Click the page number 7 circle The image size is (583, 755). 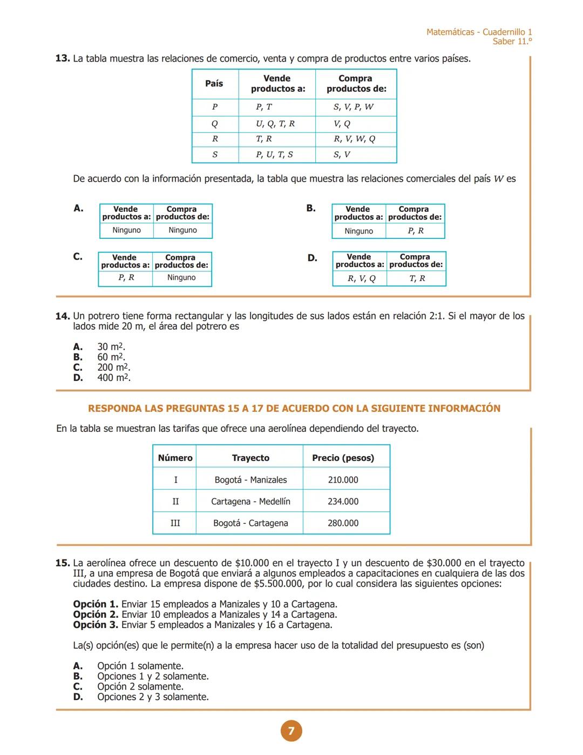tap(291, 731)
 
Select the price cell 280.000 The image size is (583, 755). tap(343, 523)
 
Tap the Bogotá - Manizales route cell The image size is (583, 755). tap(250, 480)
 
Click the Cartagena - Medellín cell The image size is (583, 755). tap(250, 502)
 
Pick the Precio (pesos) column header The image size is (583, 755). tap(343, 458)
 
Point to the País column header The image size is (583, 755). tap(214, 84)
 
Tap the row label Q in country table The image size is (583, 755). tap(215, 124)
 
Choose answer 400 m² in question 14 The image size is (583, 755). tap(113, 378)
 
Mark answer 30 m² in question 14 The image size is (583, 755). tap(111, 347)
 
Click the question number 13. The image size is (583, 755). tap(63, 58)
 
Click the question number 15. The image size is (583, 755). tap(63, 563)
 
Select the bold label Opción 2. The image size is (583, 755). tap(96, 614)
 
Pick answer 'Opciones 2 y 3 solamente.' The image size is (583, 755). tap(153, 697)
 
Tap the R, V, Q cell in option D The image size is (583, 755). tap(361, 278)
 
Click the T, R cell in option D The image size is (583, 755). tap(417, 278)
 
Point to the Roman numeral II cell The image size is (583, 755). tap(175, 502)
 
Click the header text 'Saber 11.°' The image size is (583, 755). tap(512, 42)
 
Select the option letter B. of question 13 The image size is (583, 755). tap(311, 208)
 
